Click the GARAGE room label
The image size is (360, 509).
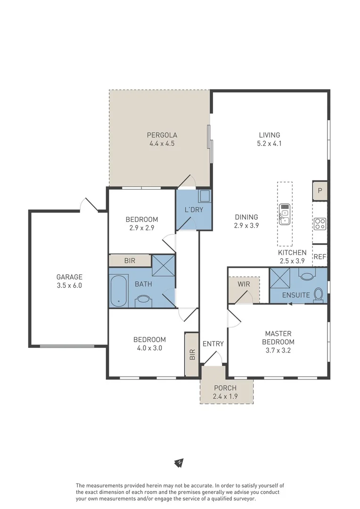tap(69, 277)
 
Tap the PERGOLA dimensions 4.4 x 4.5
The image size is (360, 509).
tap(162, 144)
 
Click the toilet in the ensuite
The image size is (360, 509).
tap(319, 295)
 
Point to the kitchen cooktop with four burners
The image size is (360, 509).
tap(320, 223)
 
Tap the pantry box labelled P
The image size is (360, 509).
tap(320, 190)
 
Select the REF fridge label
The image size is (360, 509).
tap(320, 257)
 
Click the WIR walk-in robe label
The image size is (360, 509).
tap(244, 284)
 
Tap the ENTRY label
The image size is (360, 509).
tap(213, 344)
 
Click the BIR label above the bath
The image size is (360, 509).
tap(130, 260)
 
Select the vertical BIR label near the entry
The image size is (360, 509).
tap(192, 354)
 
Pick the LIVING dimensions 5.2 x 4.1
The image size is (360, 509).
tap(269, 144)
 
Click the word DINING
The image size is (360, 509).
tap(246, 217)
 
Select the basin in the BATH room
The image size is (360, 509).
tap(142, 299)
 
